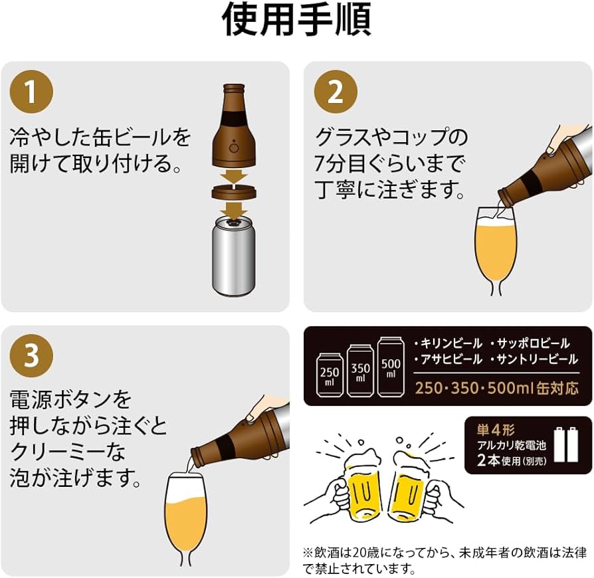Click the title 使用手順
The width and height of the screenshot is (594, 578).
click(296, 21)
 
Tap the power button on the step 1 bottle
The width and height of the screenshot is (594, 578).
click(234, 147)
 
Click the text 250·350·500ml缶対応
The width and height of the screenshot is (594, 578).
click(497, 387)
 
